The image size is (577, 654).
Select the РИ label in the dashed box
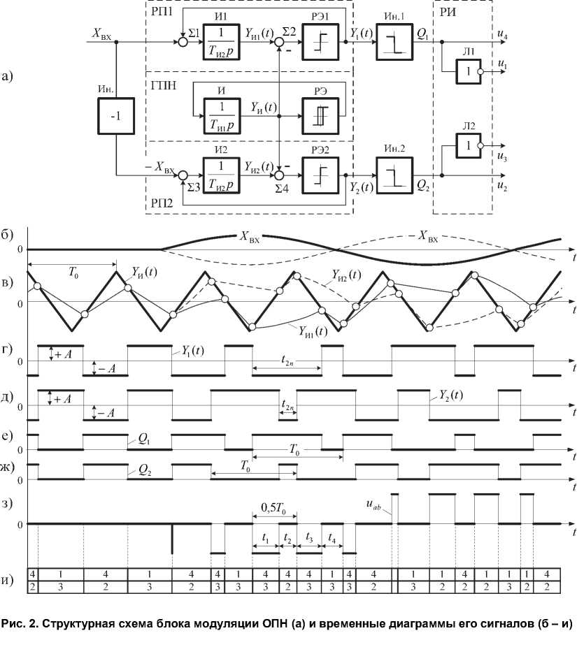coord(448,12)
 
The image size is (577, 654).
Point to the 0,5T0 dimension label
coord(273,505)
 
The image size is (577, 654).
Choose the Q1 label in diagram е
coord(143,442)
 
